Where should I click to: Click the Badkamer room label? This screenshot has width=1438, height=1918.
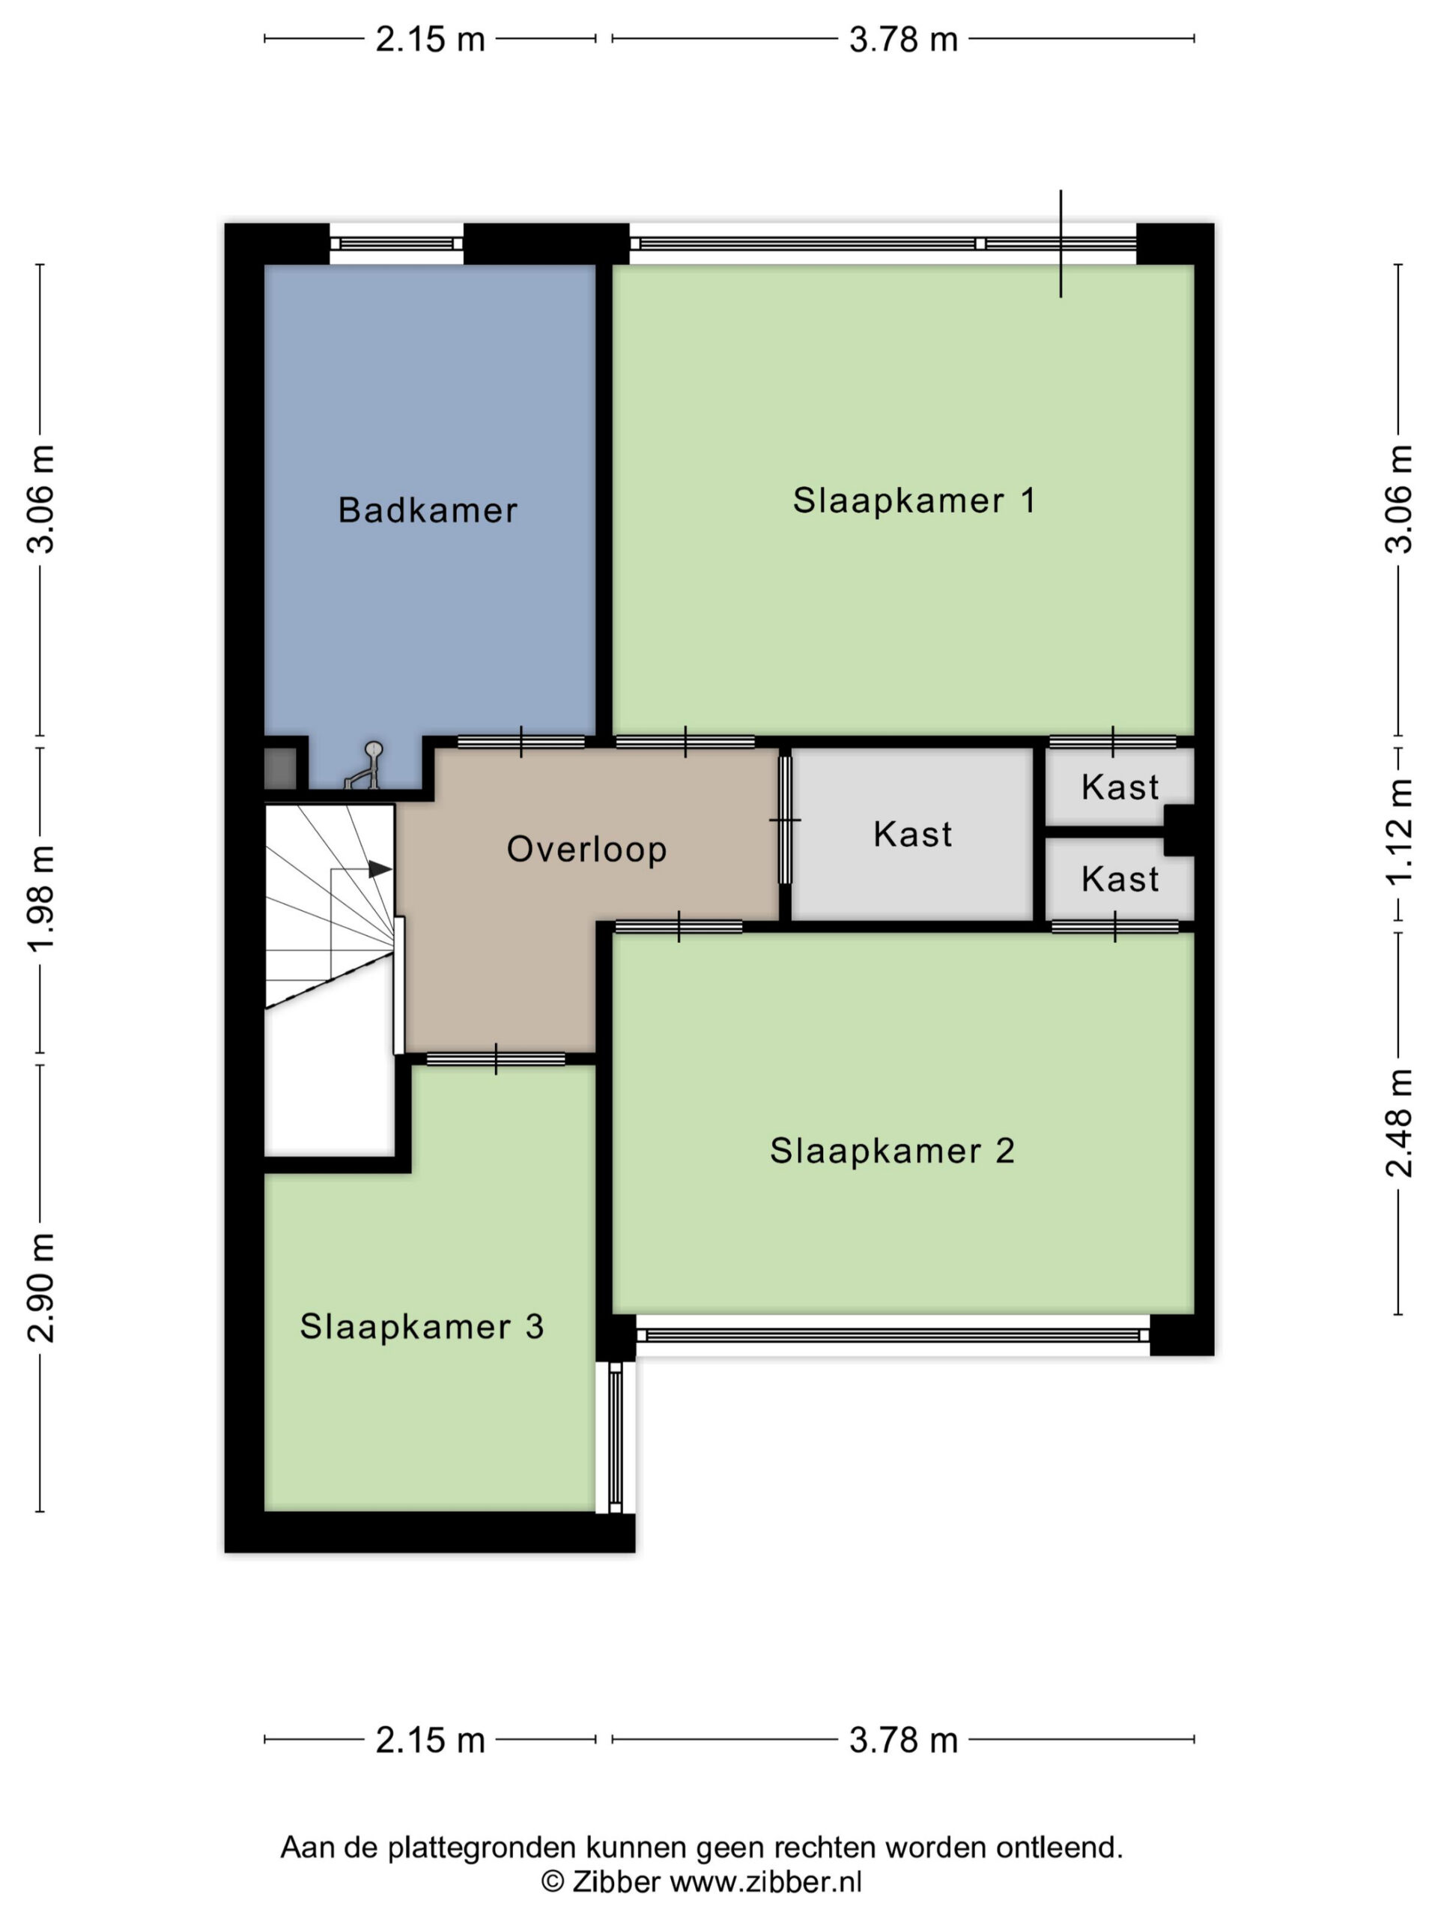coord(428,510)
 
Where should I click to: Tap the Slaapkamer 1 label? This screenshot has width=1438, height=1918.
coord(914,500)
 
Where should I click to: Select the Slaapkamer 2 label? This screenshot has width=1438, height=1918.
coord(892,1151)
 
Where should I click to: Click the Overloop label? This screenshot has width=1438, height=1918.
coord(587,850)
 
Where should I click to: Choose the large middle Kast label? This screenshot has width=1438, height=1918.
coord(912,834)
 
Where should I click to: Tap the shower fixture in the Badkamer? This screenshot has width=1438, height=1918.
coord(364,766)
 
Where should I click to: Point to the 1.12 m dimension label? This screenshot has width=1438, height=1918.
coord(1399,832)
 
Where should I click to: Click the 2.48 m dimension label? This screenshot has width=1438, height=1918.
coord(1399,1123)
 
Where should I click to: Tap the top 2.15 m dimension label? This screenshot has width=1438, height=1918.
coord(430,40)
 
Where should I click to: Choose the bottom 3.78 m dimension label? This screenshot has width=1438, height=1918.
coord(903,1740)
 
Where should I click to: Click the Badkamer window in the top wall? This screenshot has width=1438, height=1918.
coord(396,243)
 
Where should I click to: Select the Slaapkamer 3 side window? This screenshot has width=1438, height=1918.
coord(616,1437)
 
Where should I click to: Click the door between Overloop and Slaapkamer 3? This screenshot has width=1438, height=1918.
coord(496,1059)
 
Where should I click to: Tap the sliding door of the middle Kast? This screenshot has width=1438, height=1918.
coord(786,820)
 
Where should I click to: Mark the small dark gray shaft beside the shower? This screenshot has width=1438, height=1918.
coord(280,768)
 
